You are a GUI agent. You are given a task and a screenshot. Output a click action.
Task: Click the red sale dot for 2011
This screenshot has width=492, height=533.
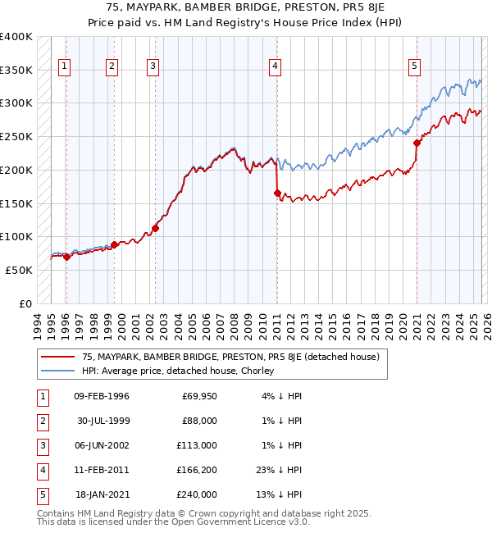tap(277, 193)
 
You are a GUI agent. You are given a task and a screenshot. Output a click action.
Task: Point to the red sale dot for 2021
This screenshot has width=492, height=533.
tap(417, 143)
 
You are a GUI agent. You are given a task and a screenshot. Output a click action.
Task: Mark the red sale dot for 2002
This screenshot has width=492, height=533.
tap(155, 228)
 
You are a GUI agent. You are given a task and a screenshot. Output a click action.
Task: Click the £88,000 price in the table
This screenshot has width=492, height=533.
tap(199, 421)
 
